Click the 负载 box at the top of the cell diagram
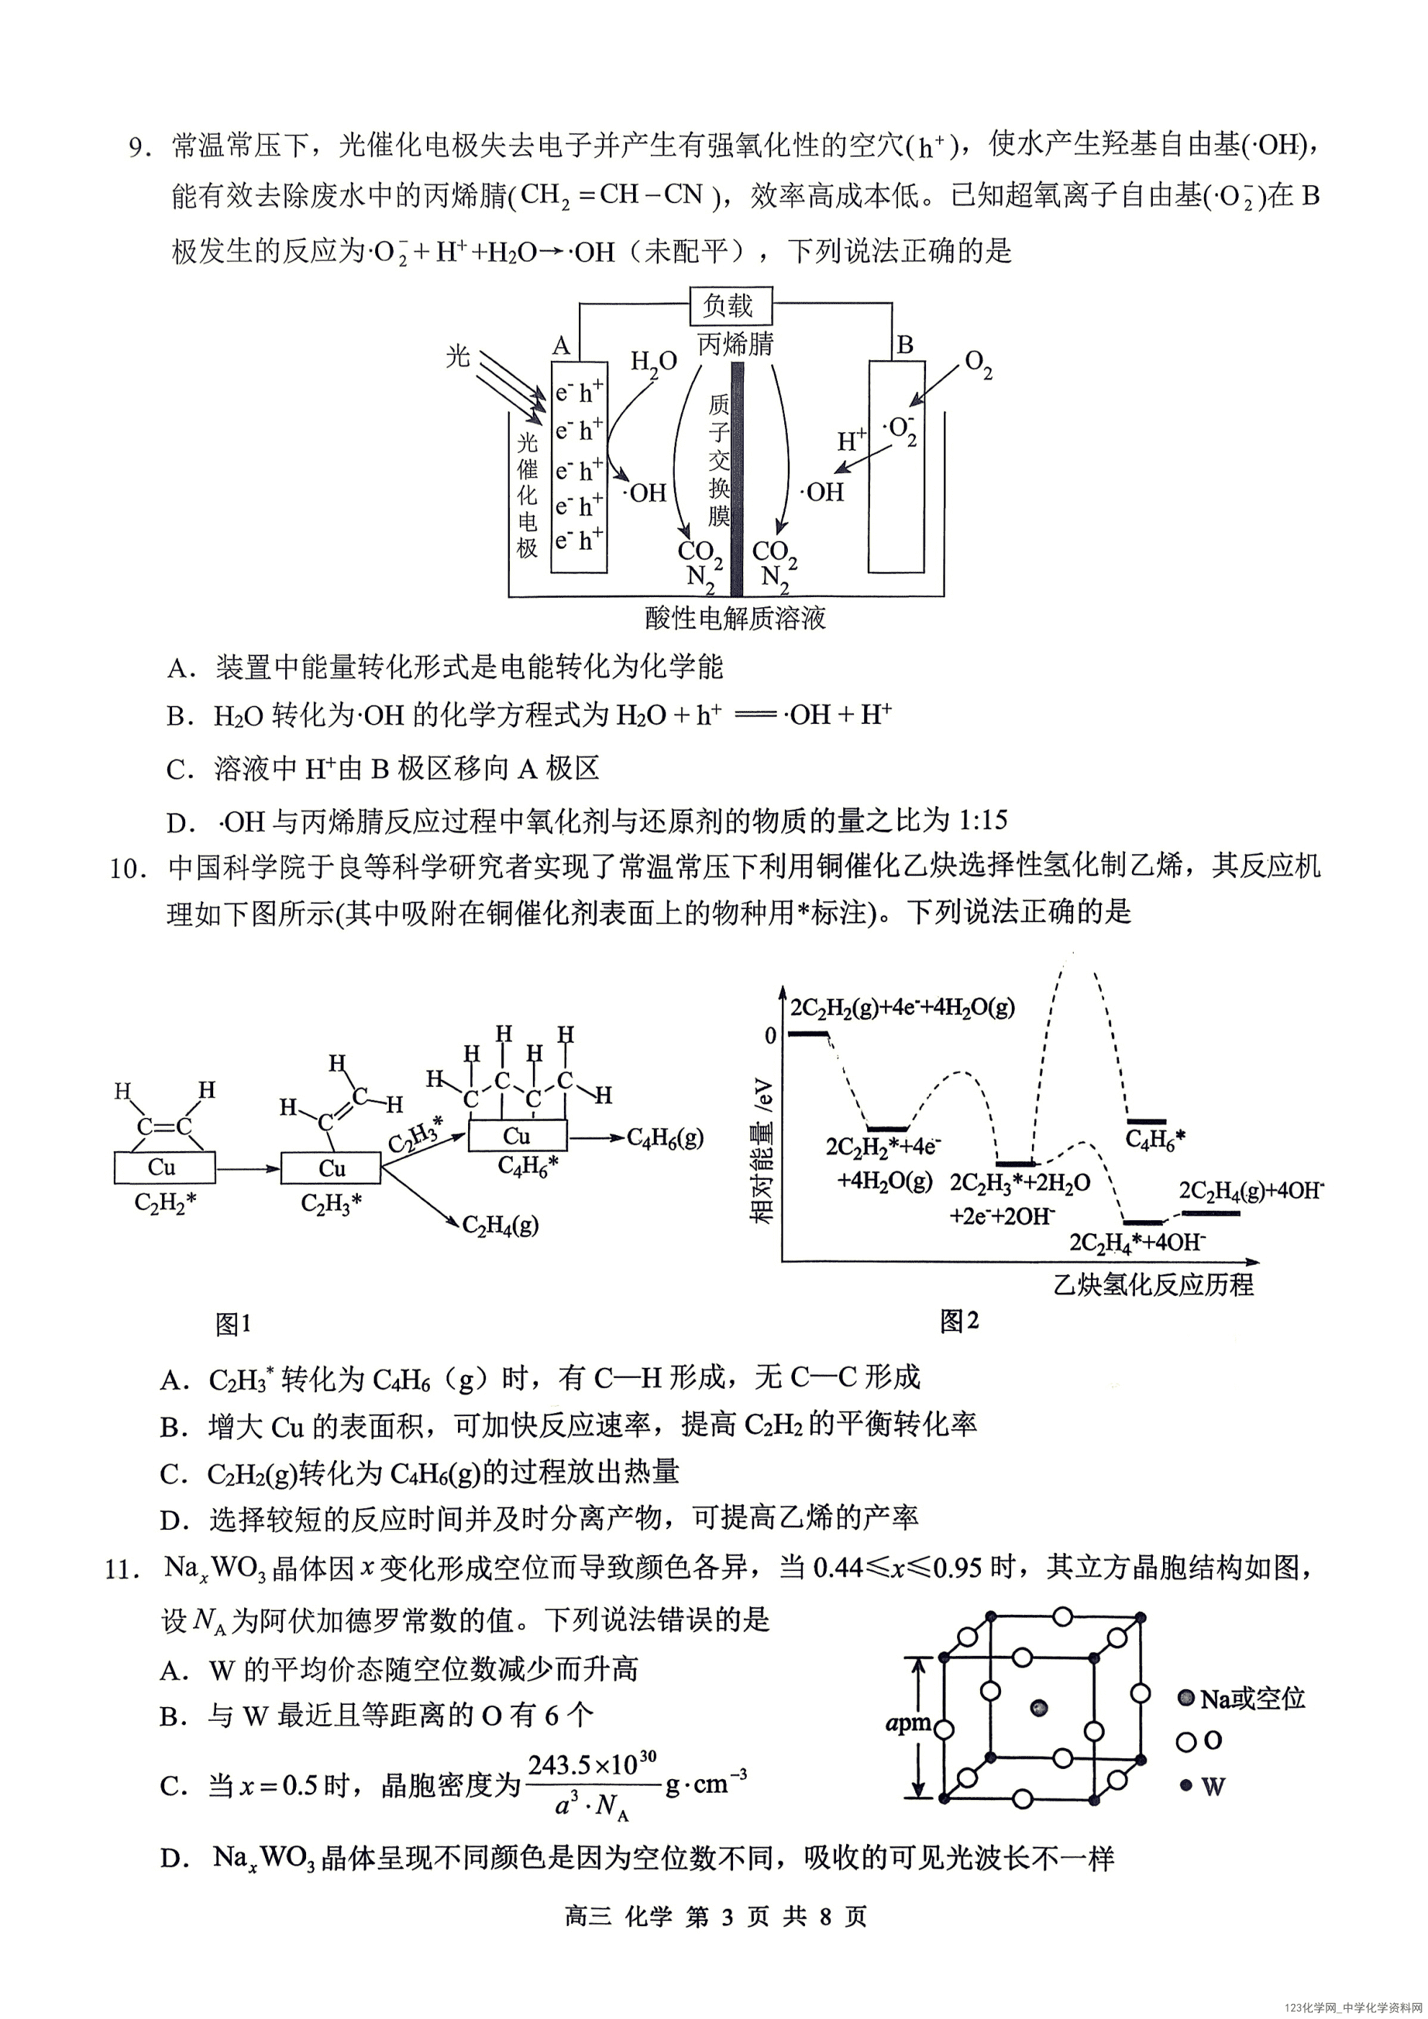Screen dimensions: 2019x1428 [x=729, y=306]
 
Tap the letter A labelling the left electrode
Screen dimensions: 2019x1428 [x=560, y=346]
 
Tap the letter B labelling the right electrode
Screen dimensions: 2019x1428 [x=904, y=345]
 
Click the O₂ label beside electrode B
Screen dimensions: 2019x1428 [x=979, y=364]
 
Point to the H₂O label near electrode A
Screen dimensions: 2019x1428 [x=653, y=362]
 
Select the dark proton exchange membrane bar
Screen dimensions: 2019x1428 [x=737, y=479]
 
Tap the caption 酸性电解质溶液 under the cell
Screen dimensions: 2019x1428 [x=735, y=619]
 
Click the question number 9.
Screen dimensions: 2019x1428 [x=139, y=147]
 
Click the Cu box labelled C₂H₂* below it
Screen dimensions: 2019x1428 [x=163, y=1168]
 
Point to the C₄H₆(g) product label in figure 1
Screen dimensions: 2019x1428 [x=665, y=1138]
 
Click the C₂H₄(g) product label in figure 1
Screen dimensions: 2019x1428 [x=500, y=1224]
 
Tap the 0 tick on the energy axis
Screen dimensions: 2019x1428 [x=771, y=1036]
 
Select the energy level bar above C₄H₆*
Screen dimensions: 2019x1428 [x=1146, y=1122]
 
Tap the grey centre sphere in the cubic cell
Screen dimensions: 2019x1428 [x=1041, y=1708]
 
